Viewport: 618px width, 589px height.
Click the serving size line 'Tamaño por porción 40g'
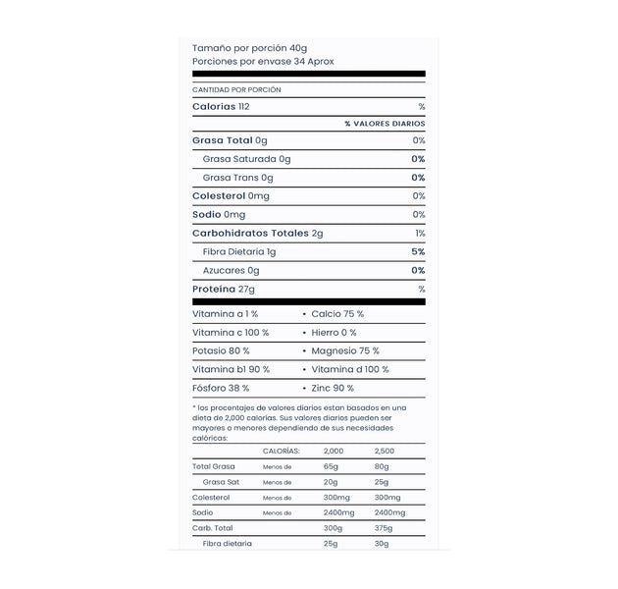click(249, 47)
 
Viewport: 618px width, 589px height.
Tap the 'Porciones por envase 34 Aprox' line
click(263, 61)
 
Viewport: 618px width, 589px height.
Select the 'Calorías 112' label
click(222, 106)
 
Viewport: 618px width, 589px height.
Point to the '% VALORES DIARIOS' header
click(385, 124)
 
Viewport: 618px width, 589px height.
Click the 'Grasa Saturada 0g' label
click(246, 159)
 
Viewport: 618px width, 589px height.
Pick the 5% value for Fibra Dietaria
click(418, 252)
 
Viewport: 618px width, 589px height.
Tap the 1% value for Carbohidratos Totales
click(420, 234)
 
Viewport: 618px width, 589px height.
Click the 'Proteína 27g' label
click(224, 290)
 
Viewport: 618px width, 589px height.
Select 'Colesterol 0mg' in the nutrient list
click(231, 196)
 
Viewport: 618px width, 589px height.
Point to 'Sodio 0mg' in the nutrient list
click(219, 215)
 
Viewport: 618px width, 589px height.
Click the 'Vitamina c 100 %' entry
click(231, 333)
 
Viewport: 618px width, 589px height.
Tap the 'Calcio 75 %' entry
click(337, 314)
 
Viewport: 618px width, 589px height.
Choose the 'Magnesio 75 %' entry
click(345, 351)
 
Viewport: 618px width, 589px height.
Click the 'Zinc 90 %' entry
click(334, 389)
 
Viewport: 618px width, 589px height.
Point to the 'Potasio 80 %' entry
click(221, 351)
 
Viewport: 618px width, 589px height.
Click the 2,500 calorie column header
click(385, 451)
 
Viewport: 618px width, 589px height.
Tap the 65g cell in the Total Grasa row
click(331, 466)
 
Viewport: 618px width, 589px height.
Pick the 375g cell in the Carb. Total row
click(382, 528)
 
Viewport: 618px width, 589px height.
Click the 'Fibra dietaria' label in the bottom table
click(228, 544)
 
